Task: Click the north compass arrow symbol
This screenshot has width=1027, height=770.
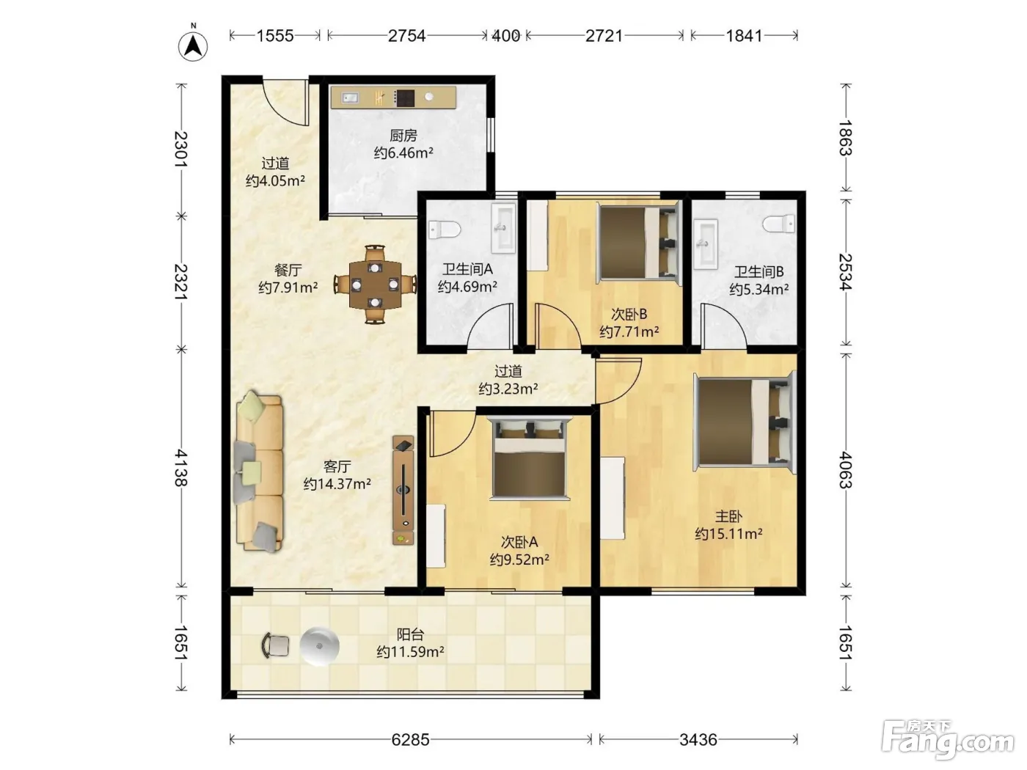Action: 193,45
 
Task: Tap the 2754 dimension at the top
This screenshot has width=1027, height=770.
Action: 406,35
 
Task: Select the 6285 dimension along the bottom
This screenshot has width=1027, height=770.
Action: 410,739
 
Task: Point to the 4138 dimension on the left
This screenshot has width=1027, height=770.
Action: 181,468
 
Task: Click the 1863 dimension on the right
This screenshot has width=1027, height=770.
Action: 846,138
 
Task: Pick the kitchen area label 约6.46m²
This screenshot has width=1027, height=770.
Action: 403,153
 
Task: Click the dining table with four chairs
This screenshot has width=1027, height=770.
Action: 376,285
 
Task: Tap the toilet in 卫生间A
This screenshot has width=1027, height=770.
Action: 445,229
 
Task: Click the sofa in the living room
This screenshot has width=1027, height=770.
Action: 259,472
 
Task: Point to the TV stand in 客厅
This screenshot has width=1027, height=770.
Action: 403,490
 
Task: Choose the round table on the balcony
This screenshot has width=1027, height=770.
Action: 320,645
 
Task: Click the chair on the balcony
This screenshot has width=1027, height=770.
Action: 276,645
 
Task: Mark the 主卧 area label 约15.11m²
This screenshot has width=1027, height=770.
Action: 728,533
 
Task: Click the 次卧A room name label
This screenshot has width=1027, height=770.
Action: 519,542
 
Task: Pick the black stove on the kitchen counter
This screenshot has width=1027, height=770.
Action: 405,98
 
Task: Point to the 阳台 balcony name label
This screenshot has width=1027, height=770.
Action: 410,634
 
